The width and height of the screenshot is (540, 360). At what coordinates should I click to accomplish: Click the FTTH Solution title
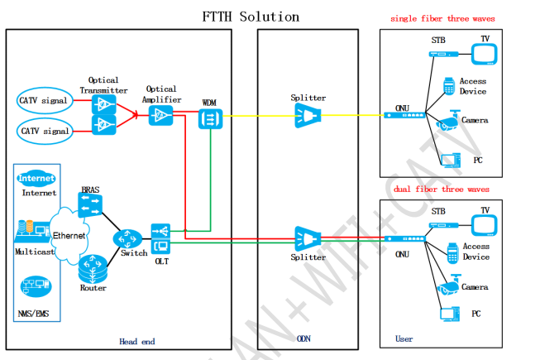point(251,16)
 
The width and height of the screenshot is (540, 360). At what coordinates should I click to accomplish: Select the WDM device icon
point(209,119)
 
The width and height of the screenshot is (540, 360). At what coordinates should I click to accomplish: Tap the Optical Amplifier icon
point(160,115)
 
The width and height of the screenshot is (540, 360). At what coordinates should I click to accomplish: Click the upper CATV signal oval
point(43,101)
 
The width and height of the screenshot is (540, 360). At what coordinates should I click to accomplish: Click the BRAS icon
point(89,206)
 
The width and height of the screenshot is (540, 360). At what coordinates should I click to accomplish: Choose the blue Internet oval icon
point(37,178)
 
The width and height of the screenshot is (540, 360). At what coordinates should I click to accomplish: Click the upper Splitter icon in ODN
point(307,118)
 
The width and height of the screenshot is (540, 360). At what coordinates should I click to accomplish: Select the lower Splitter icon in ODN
point(307,239)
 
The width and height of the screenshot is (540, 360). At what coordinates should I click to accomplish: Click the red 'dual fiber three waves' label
point(442,189)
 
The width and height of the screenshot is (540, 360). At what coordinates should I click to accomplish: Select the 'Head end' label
point(136,341)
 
